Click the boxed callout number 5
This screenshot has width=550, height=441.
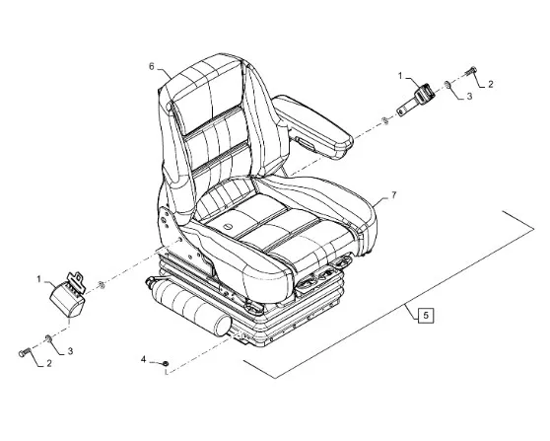(x=426, y=315)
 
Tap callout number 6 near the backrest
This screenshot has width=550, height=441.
(x=152, y=66)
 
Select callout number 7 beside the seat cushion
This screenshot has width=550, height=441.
(x=394, y=195)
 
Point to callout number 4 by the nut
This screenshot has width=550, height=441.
(x=143, y=359)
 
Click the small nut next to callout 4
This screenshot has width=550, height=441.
(x=166, y=363)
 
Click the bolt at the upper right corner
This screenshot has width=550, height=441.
(x=471, y=71)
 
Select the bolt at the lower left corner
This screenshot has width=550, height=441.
(x=25, y=352)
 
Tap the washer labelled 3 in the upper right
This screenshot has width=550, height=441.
(x=447, y=84)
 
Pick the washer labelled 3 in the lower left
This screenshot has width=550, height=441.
(x=48, y=338)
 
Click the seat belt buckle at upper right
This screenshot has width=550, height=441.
(x=416, y=100)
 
